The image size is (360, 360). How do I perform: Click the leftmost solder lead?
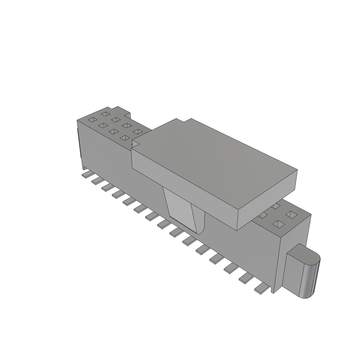[x=85, y=175]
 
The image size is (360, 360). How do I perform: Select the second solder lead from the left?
[x=96, y=181]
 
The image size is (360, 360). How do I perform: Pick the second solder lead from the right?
[x=245, y=279]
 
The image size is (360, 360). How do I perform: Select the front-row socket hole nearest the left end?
[x=92, y=120]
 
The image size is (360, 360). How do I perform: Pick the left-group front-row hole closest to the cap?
[x=124, y=137]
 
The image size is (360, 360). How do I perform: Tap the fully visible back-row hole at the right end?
[x=291, y=214]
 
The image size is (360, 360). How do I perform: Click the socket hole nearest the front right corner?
[x=279, y=224]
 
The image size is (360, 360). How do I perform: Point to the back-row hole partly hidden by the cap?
[x=276, y=205]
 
